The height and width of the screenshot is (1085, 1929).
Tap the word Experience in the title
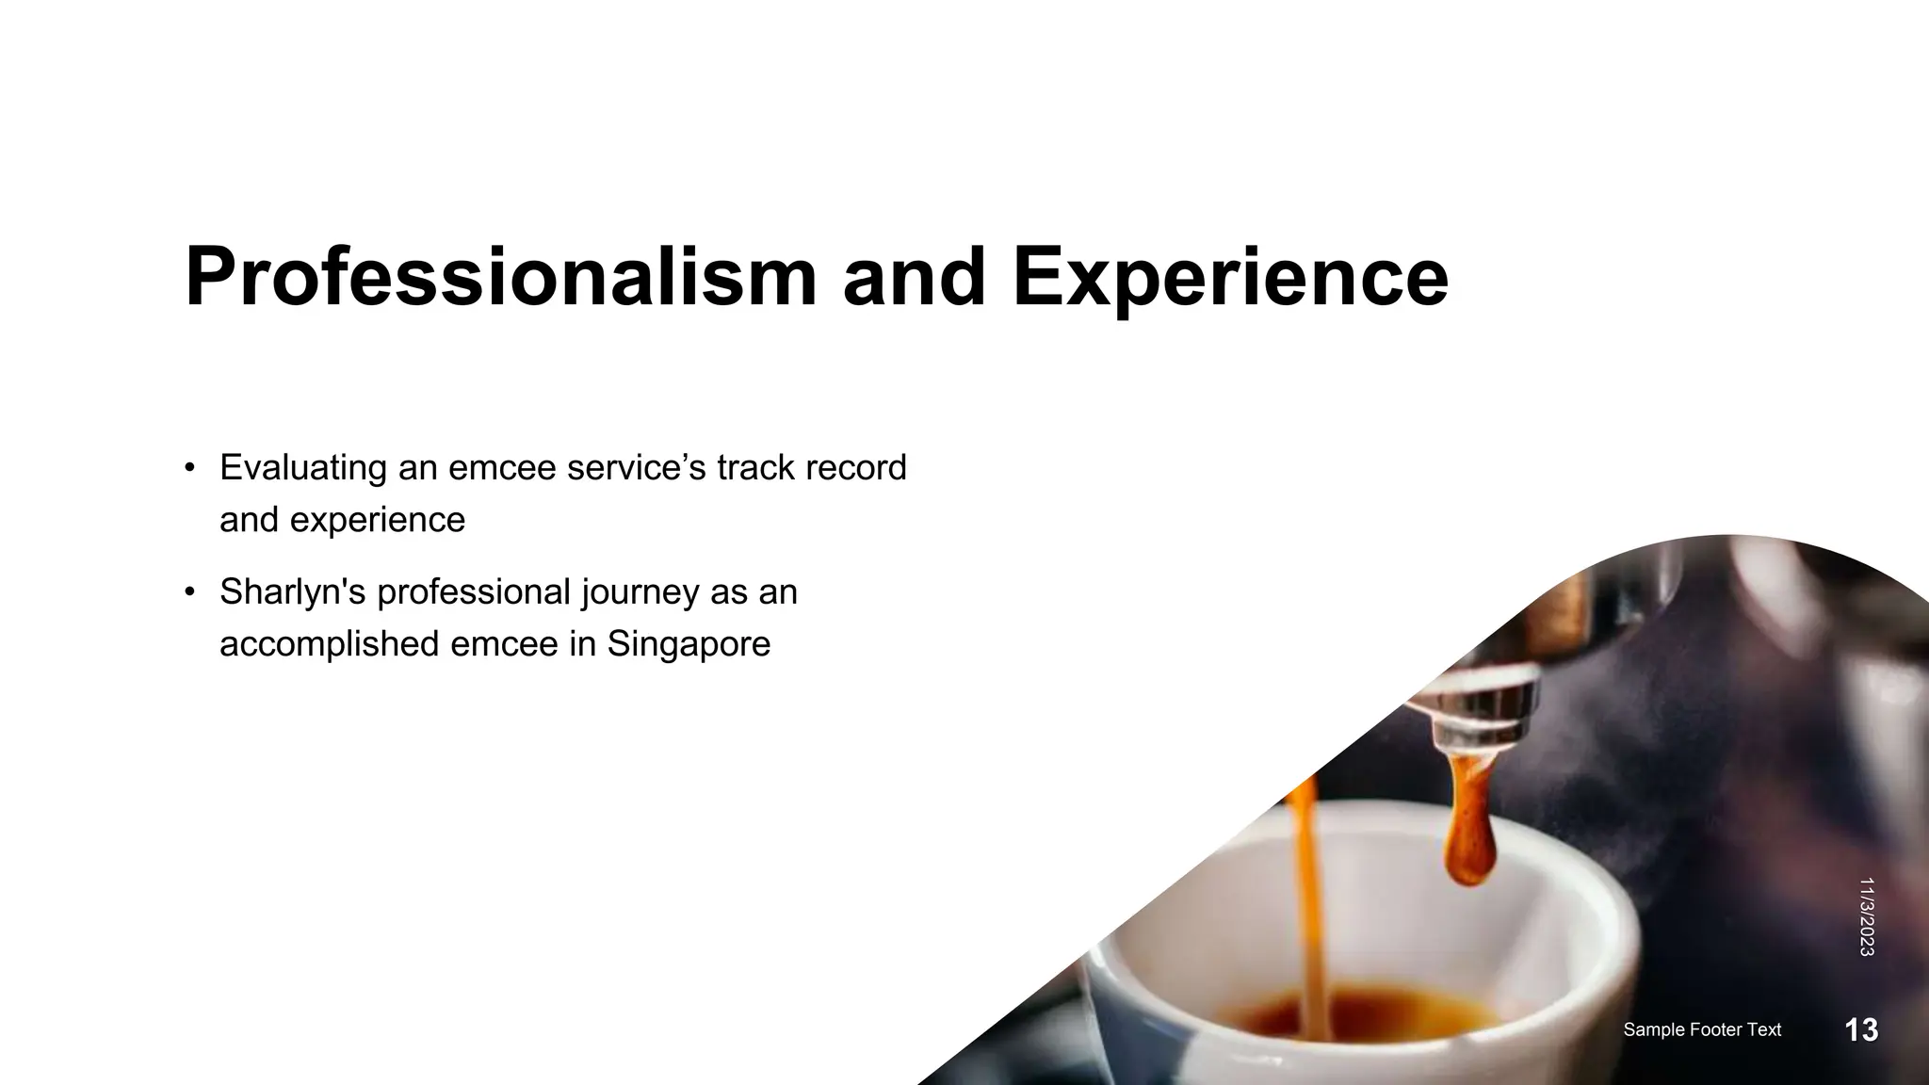(x=1230, y=277)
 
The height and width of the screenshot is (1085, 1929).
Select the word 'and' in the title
(x=914, y=277)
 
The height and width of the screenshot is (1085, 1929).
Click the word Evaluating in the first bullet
(x=302, y=468)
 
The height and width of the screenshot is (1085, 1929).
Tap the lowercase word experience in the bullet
(x=377, y=520)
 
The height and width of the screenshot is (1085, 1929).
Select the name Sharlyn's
(x=292, y=592)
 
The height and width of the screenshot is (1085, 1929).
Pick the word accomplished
(x=329, y=644)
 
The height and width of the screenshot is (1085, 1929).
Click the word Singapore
(x=689, y=644)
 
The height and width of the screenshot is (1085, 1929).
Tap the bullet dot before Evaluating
(x=190, y=468)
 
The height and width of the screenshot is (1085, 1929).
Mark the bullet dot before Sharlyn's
(x=190, y=592)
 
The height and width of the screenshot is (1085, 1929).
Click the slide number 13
(x=1861, y=1030)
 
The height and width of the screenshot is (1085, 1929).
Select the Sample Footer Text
(x=1702, y=1030)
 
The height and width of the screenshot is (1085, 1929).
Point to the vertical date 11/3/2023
(x=1866, y=916)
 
